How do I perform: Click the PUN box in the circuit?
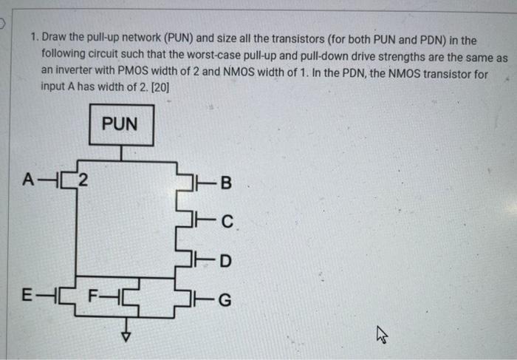[x=120, y=124]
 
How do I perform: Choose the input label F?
[x=93, y=300]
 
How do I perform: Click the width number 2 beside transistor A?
[x=83, y=180]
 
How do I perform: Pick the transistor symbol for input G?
[x=201, y=299]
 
